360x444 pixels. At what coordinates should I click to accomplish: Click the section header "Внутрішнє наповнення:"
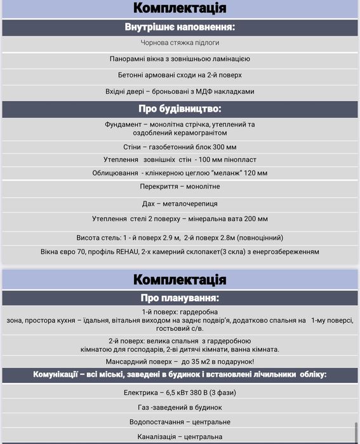(180, 27)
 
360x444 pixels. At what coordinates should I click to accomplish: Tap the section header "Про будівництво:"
(180, 109)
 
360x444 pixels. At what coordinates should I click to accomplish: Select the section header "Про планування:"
(180, 297)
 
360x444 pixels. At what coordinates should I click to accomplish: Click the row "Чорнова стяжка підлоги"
(180, 43)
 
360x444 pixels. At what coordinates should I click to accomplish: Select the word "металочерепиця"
(192, 203)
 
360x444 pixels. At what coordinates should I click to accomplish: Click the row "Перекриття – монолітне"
(180, 186)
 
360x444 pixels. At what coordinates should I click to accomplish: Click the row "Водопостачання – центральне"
(180, 422)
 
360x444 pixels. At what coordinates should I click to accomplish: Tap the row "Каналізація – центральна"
(180, 436)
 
